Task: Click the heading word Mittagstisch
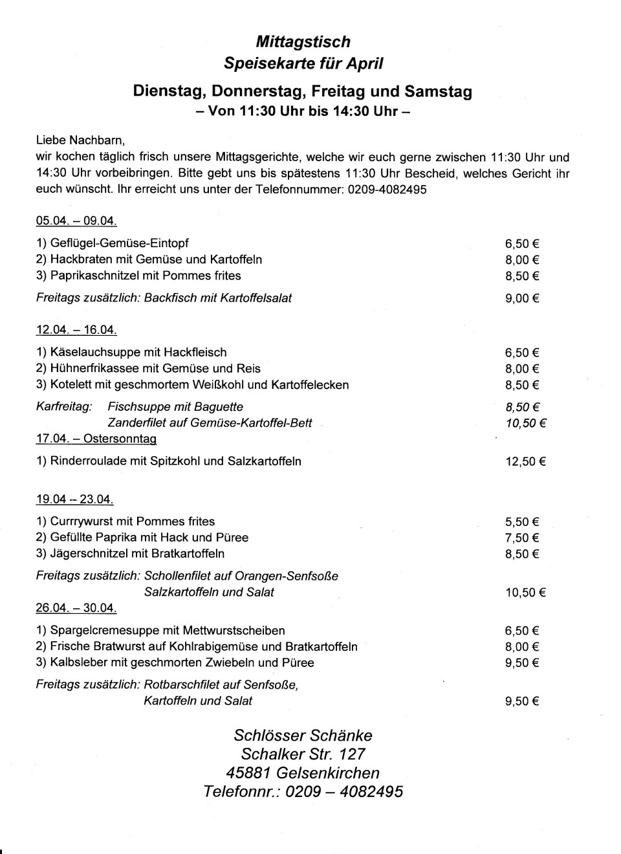tap(303, 42)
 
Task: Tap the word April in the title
tap(366, 63)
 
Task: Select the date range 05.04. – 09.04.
tap(76, 221)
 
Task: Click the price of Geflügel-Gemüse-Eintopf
tap(522, 244)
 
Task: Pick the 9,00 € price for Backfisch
tap(522, 298)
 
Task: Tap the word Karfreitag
tap(63, 407)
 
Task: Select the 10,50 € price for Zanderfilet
tap(525, 423)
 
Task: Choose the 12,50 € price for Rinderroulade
tap(525, 462)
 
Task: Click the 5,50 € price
tap(522, 522)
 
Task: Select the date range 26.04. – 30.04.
tap(76, 608)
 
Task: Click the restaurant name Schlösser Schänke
tap(303, 736)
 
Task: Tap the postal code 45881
tap(248, 773)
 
